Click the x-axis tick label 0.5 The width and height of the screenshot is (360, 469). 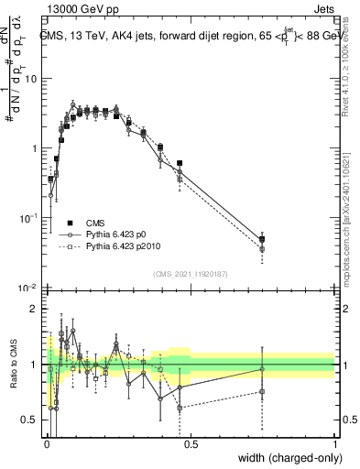191,444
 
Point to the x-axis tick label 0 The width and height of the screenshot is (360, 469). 47,444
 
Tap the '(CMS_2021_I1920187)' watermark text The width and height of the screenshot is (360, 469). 191,274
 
